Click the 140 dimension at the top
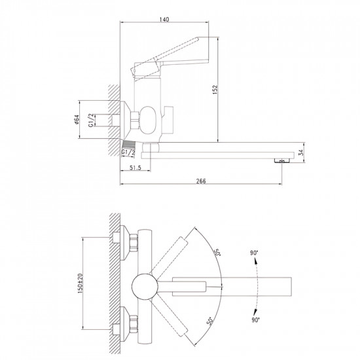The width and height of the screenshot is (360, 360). [x=164, y=20]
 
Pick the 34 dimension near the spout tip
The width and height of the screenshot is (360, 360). [x=300, y=154]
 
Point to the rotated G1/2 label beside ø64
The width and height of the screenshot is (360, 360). [x=92, y=120]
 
